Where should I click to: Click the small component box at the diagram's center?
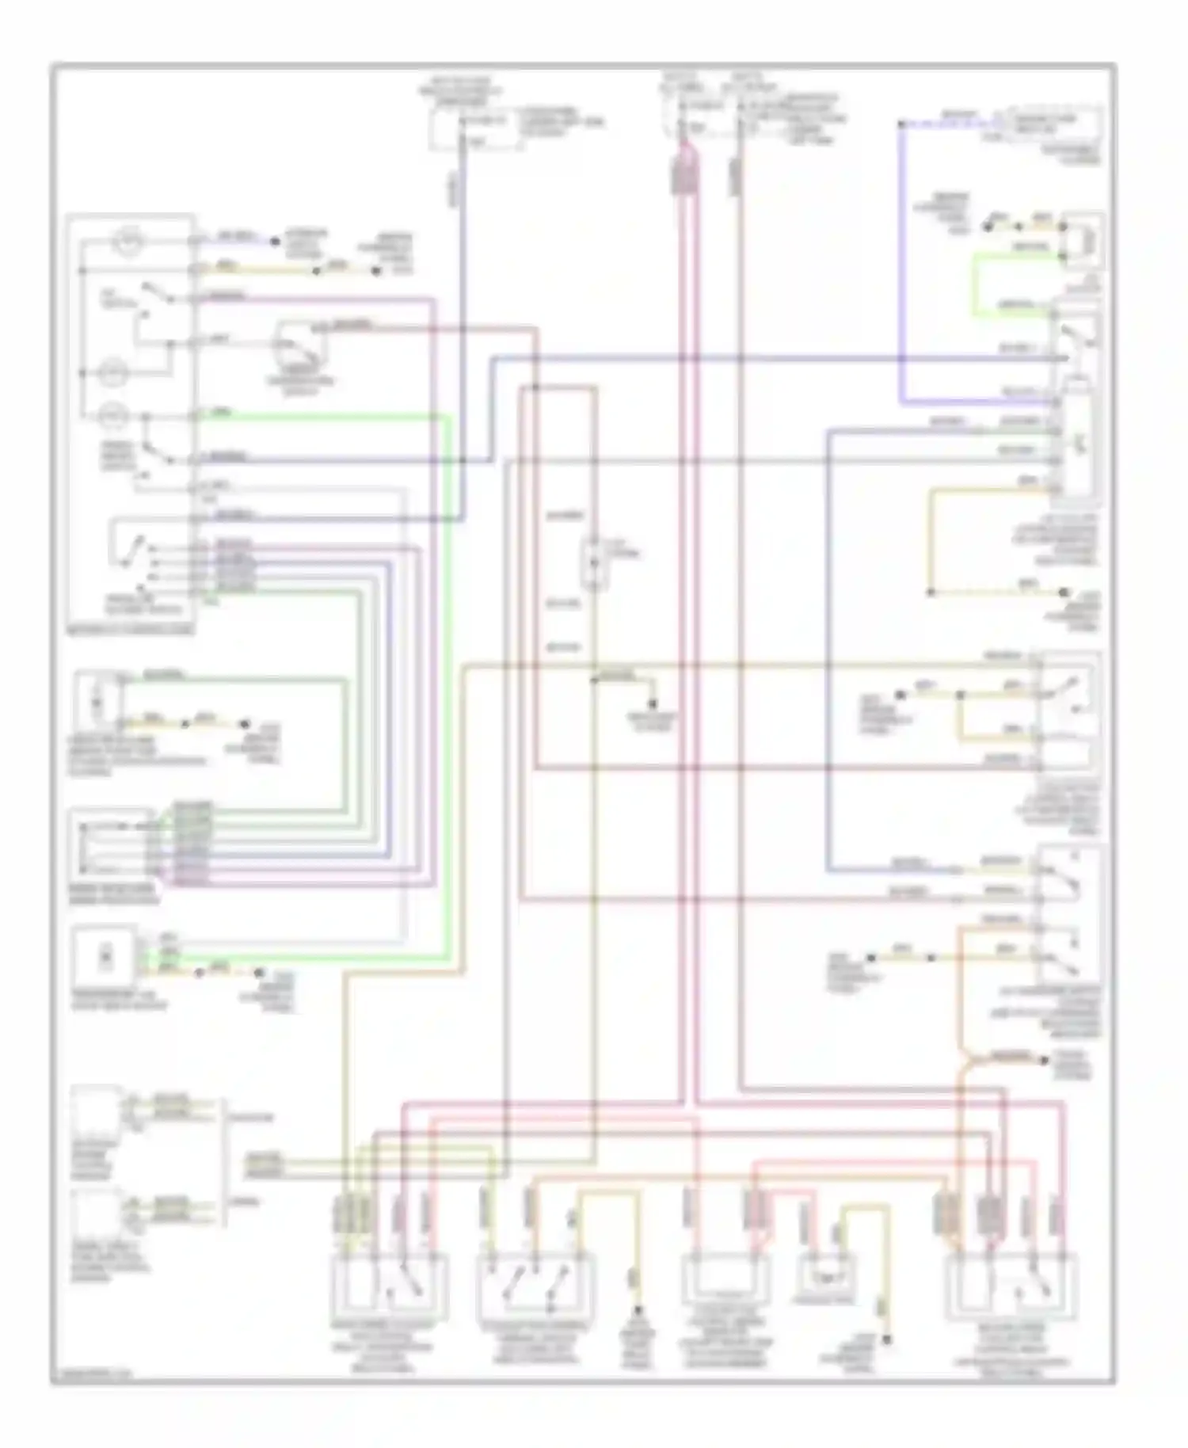(x=594, y=564)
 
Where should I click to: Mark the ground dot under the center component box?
(x=653, y=705)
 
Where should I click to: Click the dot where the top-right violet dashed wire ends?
(x=902, y=124)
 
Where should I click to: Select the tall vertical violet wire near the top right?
(x=902, y=261)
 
